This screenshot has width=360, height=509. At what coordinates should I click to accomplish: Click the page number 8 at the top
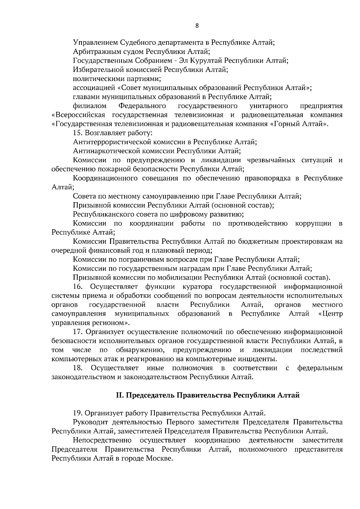(x=197, y=26)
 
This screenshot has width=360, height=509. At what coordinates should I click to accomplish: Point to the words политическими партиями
(x=117, y=79)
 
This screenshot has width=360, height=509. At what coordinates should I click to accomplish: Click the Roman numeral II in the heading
(x=120, y=395)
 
